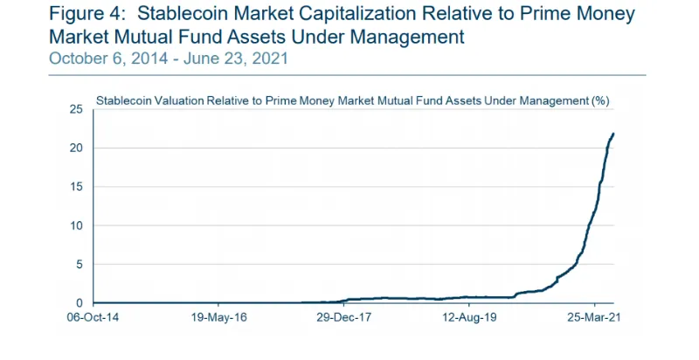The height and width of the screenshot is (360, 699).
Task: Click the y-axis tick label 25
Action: click(x=76, y=109)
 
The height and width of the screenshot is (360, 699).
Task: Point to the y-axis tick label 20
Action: click(x=76, y=148)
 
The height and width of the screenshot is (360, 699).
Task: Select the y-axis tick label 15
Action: click(x=76, y=187)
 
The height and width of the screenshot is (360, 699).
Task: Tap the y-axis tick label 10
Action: click(x=76, y=225)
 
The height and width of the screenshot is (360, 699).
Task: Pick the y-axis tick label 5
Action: click(x=79, y=265)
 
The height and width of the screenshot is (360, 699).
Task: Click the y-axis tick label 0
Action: click(x=79, y=303)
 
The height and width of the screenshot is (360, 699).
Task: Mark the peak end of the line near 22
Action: click(x=613, y=134)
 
